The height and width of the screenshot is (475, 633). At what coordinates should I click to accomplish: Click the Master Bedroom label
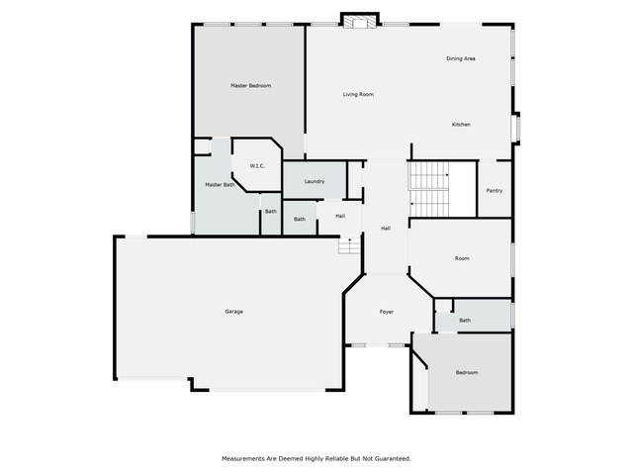(x=250, y=86)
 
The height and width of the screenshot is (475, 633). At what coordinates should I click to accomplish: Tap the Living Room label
(x=358, y=95)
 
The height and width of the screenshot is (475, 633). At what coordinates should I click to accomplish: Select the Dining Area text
(x=461, y=58)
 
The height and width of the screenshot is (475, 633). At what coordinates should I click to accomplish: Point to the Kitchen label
(x=461, y=125)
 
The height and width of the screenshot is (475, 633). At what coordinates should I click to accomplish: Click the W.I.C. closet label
(x=257, y=166)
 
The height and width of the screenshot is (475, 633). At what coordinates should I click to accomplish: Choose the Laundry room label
(x=315, y=182)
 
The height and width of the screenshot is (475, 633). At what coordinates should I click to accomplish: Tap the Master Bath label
(x=220, y=185)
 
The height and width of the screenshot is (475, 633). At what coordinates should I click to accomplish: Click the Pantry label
(x=495, y=191)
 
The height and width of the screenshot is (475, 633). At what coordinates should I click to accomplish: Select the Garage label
(x=234, y=312)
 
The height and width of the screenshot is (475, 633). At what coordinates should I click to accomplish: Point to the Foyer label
(x=387, y=312)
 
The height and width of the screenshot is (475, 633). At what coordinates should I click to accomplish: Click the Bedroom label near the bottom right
(x=467, y=372)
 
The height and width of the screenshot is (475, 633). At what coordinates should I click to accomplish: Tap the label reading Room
(x=462, y=258)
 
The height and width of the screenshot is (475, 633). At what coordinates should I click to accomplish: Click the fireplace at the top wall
(x=359, y=21)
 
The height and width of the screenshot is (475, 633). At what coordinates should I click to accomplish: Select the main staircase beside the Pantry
(x=429, y=189)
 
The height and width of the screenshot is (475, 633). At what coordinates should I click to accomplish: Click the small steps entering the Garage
(x=349, y=245)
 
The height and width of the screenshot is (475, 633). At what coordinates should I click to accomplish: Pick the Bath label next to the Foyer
(x=465, y=321)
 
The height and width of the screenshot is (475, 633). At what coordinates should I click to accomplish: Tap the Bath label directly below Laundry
(x=300, y=220)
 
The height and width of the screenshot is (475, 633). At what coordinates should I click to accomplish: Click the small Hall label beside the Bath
(x=340, y=216)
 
